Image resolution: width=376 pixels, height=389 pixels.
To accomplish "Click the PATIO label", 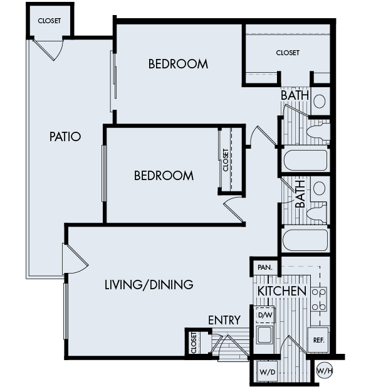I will tap(66, 136).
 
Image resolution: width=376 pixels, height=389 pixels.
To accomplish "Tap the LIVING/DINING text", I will tap(148, 285).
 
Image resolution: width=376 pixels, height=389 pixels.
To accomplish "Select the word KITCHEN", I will tap(281, 291).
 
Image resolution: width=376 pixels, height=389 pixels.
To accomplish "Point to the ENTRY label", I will tap(224, 320).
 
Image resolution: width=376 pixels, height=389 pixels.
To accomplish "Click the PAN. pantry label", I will tap(264, 267).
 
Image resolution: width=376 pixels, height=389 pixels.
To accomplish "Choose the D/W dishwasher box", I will tap(266, 314).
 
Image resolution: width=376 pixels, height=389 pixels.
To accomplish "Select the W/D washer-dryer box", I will tap(267, 371).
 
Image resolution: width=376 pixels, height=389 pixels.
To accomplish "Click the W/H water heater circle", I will tap(325, 370).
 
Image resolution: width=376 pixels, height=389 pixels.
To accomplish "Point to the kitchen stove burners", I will tap(320, 299).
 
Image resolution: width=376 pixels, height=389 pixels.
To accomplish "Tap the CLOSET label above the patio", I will tap(50, 21).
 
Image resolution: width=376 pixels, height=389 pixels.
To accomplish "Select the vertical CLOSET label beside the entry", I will tap(194, 343).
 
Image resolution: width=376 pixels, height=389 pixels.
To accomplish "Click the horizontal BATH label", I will tap(294, 95).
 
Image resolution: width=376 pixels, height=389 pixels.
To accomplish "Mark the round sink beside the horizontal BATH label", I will tap(319, 101).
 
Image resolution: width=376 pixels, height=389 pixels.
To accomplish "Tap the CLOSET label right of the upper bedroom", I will tap(288, 53).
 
